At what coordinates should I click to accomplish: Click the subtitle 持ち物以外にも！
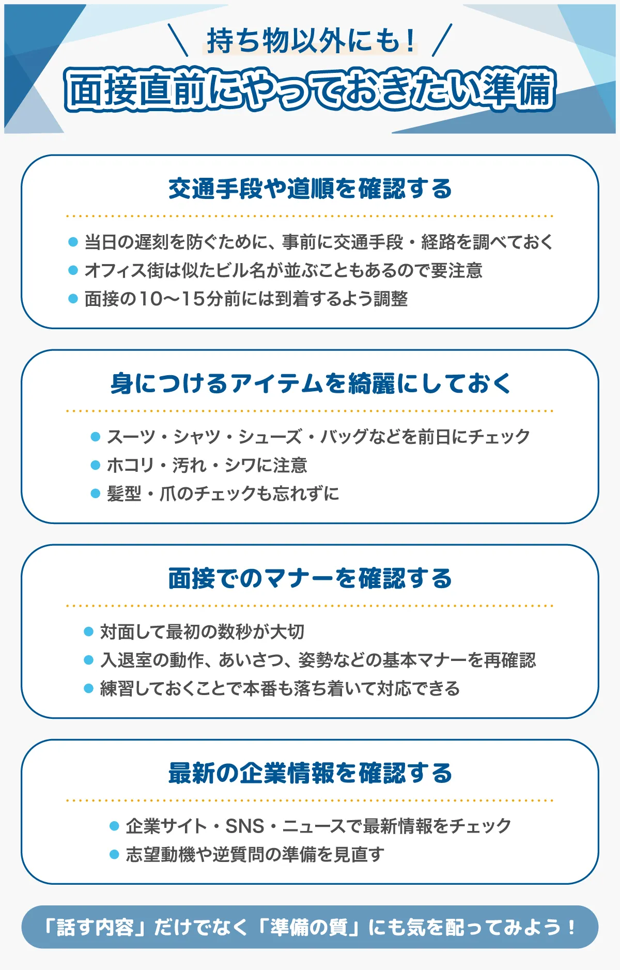coord(310,41)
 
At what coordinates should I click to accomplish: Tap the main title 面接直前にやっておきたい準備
coord(310,89)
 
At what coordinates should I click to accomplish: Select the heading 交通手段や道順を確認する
coord(310,189)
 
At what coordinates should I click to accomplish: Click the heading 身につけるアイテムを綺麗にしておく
coord(310,383)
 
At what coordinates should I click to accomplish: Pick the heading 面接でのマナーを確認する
coord(310,578)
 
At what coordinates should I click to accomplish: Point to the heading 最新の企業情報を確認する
coord(310,773)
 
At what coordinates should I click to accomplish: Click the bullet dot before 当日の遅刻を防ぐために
coord(73,242)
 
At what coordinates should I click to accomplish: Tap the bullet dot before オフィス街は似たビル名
coord(73,270)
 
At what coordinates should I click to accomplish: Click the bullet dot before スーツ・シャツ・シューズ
coord(95,437)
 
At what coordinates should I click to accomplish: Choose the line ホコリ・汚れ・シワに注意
coord(207,465)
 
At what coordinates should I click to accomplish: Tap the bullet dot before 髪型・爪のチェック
coord(95,494)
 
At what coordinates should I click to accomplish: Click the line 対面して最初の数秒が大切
coord(202,632)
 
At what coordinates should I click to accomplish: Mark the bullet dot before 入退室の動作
coord(88,660)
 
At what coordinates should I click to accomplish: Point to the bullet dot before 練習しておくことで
coord(88,688)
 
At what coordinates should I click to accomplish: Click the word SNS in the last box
coord(245,826)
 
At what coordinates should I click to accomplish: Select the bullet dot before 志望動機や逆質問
coord(114,855)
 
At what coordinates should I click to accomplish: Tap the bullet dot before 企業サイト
coord(114,826)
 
